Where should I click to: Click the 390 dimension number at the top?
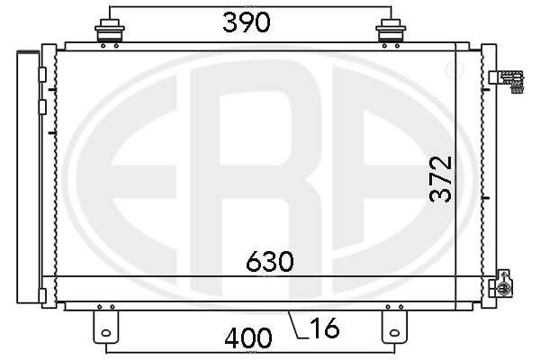[247, 22]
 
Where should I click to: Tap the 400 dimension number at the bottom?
[248, 338]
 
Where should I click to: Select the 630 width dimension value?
[270, 262]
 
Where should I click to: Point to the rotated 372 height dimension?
[440, 179]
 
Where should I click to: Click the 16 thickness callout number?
[325, 328]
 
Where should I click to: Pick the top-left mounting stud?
[110, 31]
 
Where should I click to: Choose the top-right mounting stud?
[391, 31]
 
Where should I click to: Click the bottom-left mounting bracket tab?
[105, 327]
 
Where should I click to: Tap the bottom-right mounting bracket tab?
[394, 327]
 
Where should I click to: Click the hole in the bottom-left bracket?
[106, 333]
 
